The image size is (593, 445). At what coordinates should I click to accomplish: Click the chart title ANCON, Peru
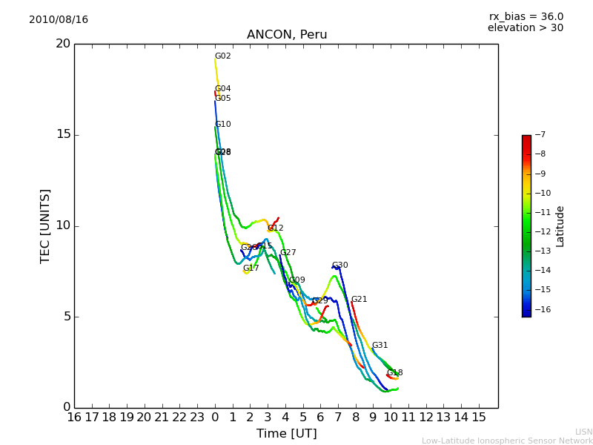[287, 35]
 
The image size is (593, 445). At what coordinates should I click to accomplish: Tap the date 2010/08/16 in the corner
[59, 19]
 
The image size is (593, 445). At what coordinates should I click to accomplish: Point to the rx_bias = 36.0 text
[526, 16]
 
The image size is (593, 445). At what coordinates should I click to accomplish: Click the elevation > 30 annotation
[526, 28]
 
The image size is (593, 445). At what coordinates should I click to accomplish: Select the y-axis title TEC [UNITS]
[46, 225]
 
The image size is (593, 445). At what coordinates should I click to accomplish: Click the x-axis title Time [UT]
[286, 433]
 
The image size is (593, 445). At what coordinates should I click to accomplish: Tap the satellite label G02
[223, 56]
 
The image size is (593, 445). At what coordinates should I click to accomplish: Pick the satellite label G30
[340, 266]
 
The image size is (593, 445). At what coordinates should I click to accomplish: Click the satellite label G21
[360, 300]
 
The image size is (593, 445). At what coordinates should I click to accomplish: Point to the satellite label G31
[380, 346]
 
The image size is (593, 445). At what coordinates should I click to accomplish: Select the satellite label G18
[395, 373]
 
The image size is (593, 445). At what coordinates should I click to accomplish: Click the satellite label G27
[288, 253]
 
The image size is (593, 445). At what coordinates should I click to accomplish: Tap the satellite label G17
[251, 268]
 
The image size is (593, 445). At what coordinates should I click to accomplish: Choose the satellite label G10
[223, 125]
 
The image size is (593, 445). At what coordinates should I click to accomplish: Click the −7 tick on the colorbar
[540, 135]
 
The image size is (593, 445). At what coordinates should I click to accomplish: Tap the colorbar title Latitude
[560, 225]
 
